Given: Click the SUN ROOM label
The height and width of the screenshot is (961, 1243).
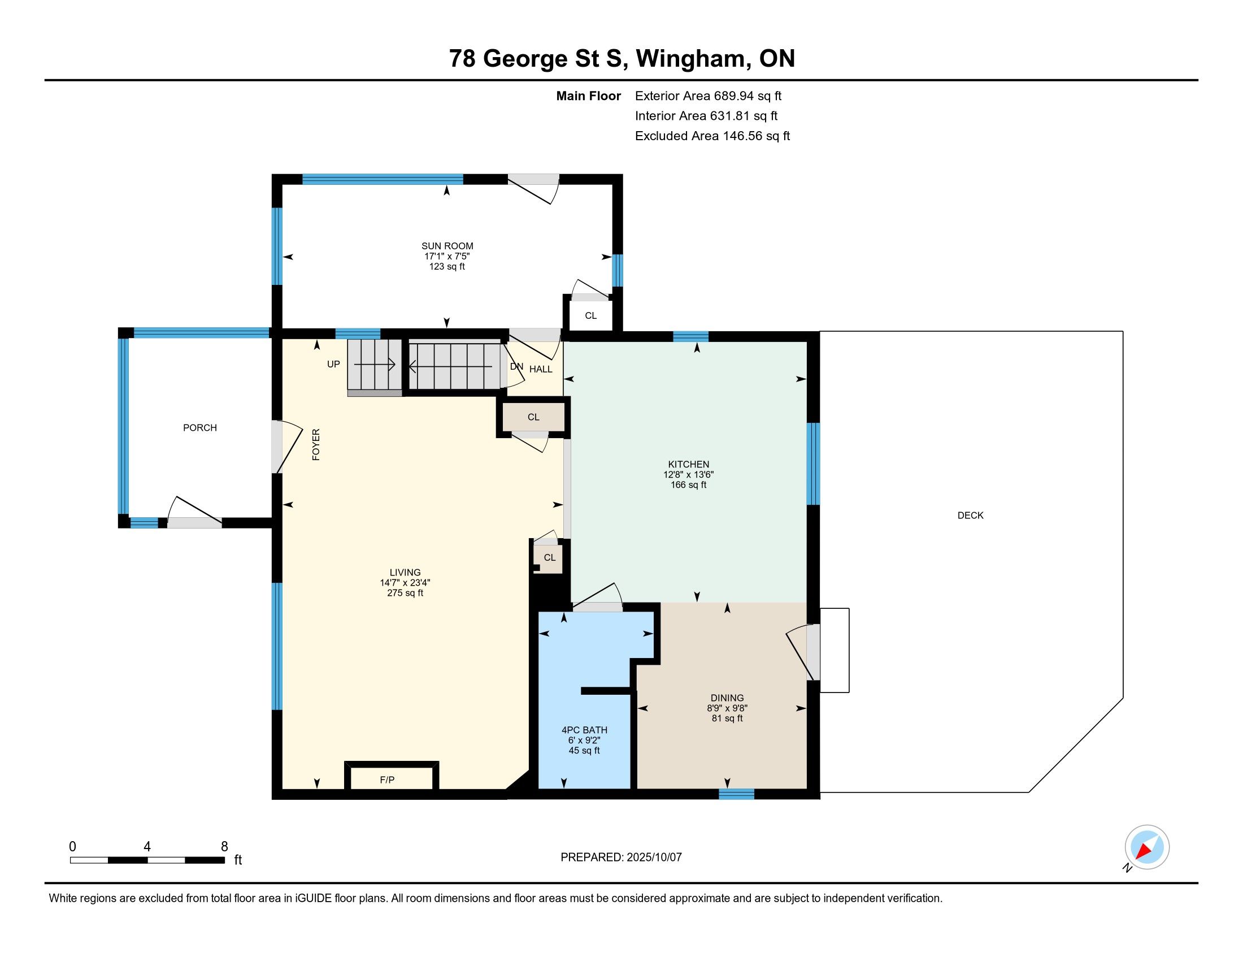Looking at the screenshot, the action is click(x=447, y=246).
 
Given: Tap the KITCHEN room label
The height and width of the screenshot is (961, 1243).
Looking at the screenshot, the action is click(x=689, y=464).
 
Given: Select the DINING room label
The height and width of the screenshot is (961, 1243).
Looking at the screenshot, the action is click(x=727, y=698).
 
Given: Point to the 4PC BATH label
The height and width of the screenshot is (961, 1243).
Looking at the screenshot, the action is click(x=585, y=730).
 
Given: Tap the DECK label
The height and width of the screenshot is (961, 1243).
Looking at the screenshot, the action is click(x=970, y=515).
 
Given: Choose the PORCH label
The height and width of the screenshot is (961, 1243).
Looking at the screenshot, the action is click(x=200, y=427).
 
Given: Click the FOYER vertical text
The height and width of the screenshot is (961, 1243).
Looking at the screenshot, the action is click(x=316, y=445).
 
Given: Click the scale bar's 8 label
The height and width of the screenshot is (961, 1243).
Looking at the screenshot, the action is click(x=224, y=847).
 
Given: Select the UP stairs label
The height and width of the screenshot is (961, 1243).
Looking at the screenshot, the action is click(x=333, y=364).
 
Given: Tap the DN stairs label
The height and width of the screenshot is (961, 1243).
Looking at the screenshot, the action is click(x=516, y=367).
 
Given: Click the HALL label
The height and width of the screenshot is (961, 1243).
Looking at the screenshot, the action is click(x=541, y=369).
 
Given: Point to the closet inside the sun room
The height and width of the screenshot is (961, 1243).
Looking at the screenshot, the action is click(x=590, y=314).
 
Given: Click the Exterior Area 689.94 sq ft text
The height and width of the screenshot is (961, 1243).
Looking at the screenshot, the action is click(x=709, y=96).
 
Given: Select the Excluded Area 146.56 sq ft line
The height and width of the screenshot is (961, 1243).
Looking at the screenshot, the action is click(x=712, y=136).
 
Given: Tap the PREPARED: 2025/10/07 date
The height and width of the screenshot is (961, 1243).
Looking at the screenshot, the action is click(x=621, y=857).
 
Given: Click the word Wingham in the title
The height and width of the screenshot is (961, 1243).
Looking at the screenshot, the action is click(x=690, y=59).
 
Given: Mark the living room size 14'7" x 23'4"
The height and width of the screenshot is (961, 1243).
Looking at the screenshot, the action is click(x=405, y=583).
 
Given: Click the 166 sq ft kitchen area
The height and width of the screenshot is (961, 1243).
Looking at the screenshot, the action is click(x=689, y=485).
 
